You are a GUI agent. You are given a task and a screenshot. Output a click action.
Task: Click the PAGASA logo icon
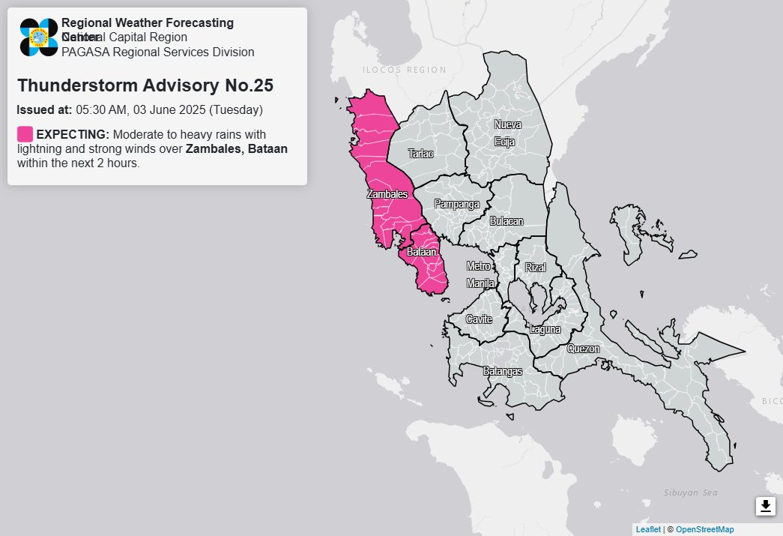39,37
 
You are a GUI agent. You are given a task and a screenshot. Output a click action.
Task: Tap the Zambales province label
387,194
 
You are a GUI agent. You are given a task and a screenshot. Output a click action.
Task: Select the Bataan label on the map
421,253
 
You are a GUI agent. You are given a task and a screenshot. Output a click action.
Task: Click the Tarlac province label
420,154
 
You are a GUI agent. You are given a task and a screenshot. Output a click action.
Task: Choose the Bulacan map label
507,222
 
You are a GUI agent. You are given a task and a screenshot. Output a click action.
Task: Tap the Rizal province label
536,268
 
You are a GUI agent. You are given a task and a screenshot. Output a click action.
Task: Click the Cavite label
479,319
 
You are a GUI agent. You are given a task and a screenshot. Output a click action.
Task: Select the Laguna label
545,329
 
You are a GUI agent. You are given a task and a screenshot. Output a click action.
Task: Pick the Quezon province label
583,349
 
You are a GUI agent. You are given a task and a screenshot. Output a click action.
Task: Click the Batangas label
502,371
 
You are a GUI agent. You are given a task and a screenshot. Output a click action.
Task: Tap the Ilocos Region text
404,70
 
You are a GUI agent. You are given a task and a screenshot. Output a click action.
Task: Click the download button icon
765,506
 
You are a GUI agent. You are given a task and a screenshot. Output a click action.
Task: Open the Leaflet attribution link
648,529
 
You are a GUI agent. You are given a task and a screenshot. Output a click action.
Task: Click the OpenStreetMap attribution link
704,529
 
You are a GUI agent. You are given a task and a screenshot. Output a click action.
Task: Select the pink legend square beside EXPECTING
25,134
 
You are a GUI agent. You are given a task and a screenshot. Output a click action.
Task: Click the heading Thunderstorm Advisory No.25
145,85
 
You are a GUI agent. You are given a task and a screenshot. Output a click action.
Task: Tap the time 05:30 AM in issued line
100,109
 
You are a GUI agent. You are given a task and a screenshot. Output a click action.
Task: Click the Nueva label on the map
507,124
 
